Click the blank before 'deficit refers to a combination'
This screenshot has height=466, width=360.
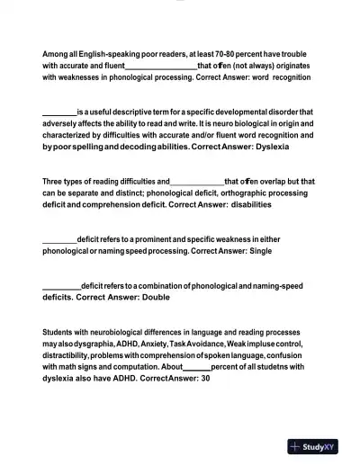point(61,285)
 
